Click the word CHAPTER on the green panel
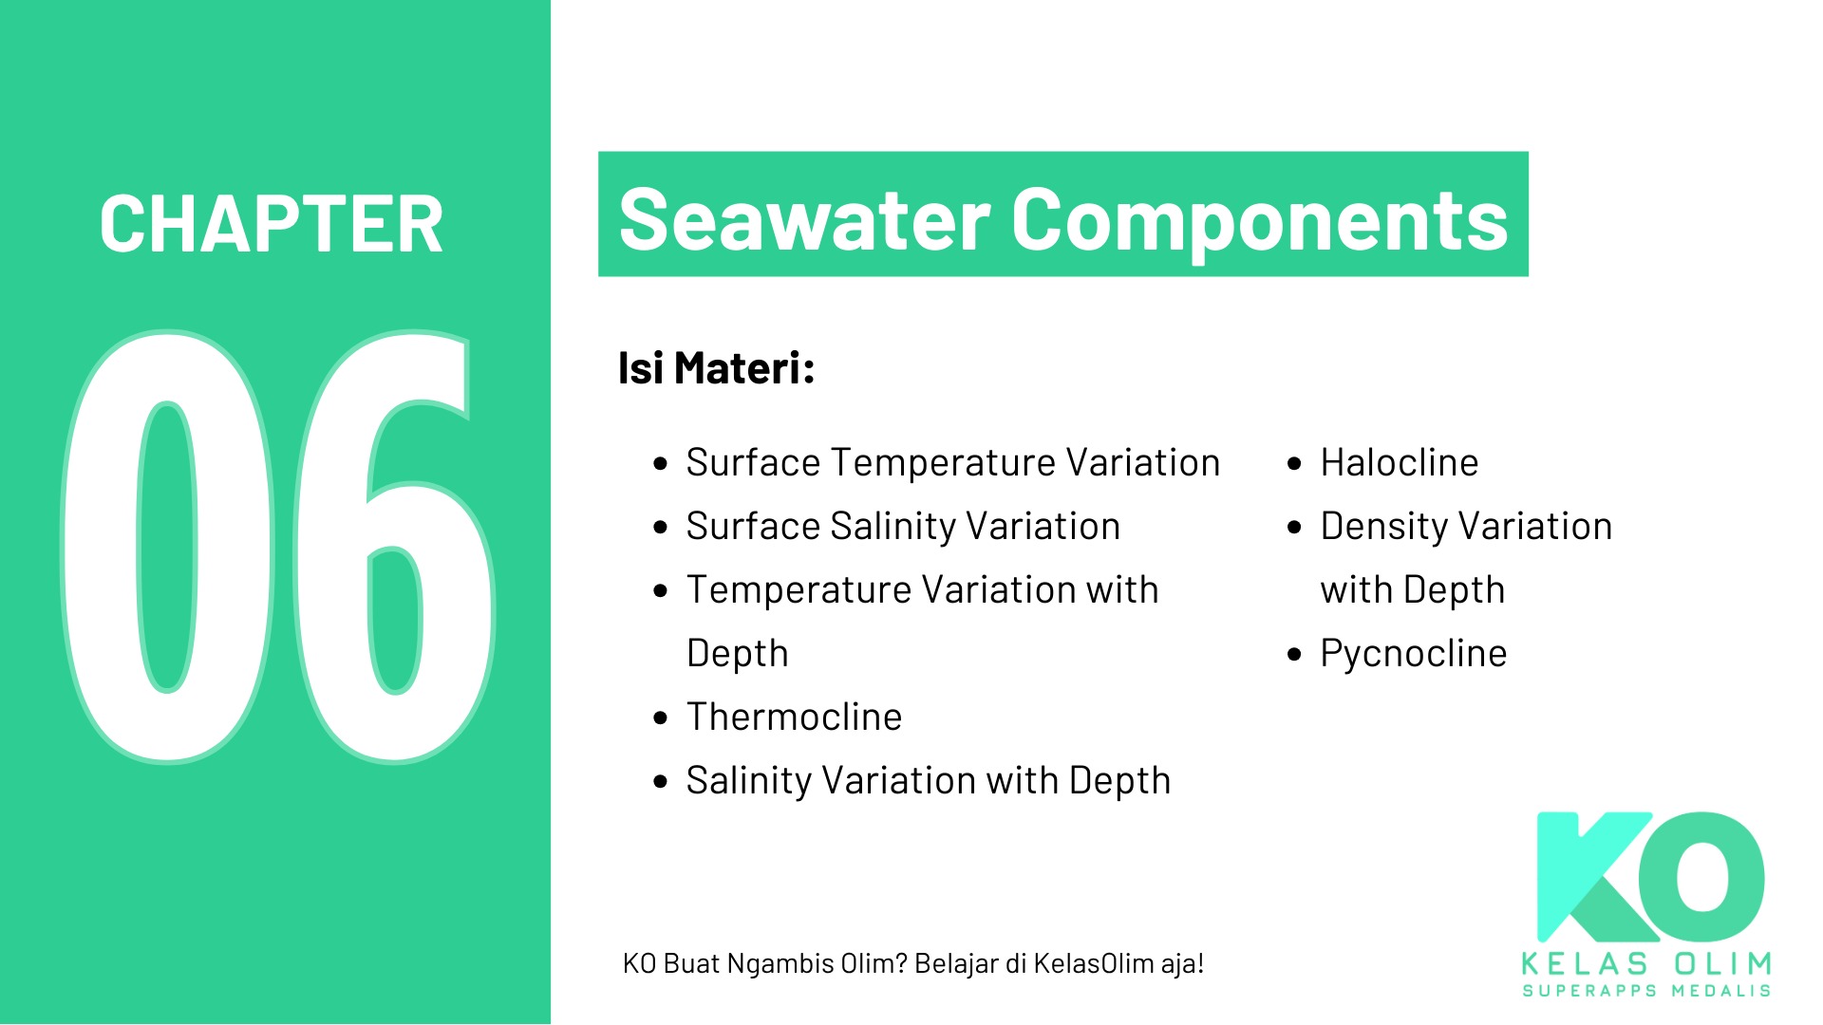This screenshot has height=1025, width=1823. (x=272, y=225)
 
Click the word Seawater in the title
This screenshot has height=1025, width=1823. (x=805, y=220)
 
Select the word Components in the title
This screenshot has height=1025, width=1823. (x=1260, y=224)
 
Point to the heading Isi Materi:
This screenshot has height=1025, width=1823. (x=716, y=368)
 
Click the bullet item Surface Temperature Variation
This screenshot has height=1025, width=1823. (x=953, y=463)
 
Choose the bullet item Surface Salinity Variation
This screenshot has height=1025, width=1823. (x=904, y=527)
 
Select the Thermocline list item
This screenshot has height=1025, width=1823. (x=795, y=717)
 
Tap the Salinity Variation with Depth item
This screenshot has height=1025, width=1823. (x=929, y=781)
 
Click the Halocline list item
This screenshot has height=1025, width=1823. (x=1400, y=463)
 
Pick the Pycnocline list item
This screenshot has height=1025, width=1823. (x=1414, y=654)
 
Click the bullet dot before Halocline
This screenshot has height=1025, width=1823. (x=1294, y=464)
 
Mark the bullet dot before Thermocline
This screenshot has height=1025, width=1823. (x=661, y=718)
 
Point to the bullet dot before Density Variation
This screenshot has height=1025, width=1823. (x=1294, y=528)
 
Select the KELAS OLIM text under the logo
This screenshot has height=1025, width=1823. (x=1646, y=964)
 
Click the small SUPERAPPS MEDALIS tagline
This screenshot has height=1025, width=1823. (x=1646, y=991)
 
